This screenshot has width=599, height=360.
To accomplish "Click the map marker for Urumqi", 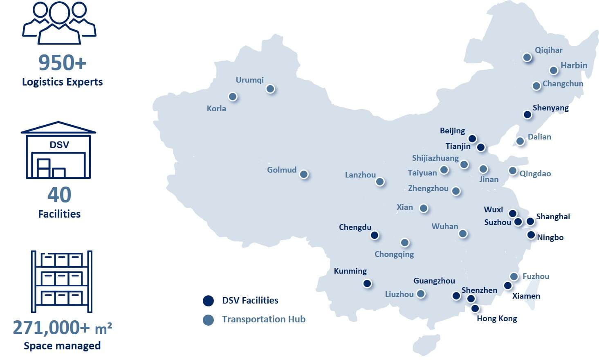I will point(270,89).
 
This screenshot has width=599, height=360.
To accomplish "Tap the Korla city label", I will point(216,108).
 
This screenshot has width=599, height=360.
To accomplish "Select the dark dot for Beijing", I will point(472,139).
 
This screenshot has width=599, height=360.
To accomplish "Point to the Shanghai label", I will point(553,216).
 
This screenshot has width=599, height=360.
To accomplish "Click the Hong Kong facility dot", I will point(475,308).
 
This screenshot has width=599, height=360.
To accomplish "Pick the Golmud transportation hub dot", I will point(304,174).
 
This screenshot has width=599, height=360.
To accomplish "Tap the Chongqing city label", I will point(394,254).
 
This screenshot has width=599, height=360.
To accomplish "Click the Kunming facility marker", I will point(367,283).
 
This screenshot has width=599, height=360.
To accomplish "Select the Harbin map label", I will point(574,65).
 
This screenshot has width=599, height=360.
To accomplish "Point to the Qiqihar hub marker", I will point(527,57).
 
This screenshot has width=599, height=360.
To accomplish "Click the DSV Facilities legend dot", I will point(209,301).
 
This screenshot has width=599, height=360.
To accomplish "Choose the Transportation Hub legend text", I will point(264,319).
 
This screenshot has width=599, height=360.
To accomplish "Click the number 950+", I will point(63,63).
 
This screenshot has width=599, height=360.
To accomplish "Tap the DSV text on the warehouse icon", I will point(59,145).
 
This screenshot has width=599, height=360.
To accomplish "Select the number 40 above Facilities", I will point(59,195).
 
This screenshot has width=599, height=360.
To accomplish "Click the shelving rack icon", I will point(62,281).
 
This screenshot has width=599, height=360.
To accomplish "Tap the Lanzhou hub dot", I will point(380,182).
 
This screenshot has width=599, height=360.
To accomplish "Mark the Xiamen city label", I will point(526,296).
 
